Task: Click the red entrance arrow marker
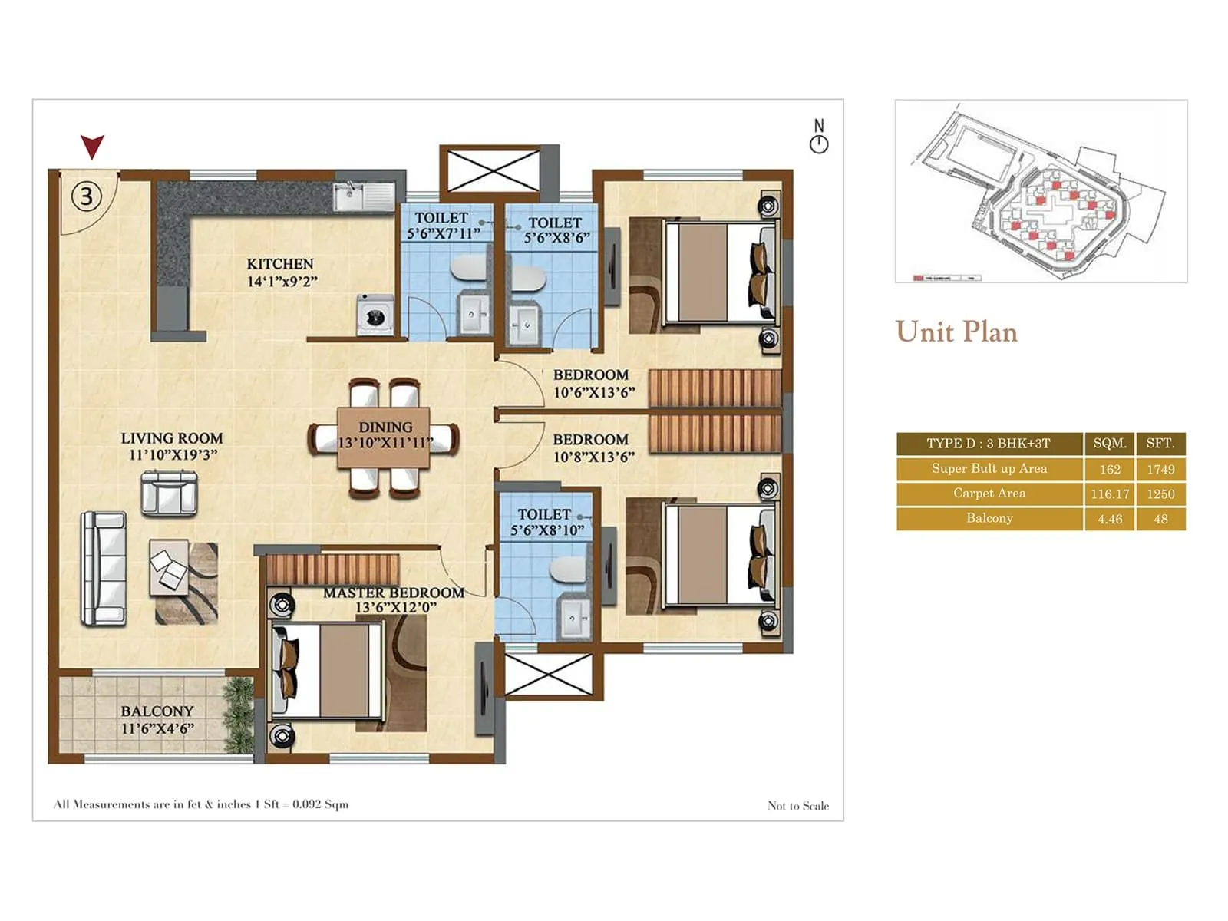click(x=92, y=146)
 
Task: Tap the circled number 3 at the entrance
click(x=87, y=197)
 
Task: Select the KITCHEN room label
click(x=280, y=264)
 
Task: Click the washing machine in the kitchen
click(x=375, y=315)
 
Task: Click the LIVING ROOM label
click(x=172, y=438)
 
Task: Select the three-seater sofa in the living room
click(x=104, y=568)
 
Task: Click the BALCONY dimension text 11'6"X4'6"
click(x=157, y=729)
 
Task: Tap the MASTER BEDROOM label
click(x=394, y=593)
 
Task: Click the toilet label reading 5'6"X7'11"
click(x=443, y=233)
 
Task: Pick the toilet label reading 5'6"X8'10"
click(x=547, y=530)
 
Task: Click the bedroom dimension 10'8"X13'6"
click(x=593, y=457)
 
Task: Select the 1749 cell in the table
click(x=1160, y=469)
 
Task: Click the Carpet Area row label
click(x=989, y=494)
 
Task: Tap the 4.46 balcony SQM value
click(x=1110, y=519)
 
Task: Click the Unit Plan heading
click(x=956, y=332)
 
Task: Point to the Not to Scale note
click(x=797, y=805)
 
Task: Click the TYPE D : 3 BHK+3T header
click(x=988, y=444)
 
